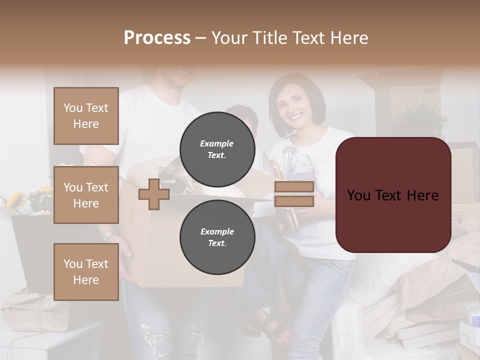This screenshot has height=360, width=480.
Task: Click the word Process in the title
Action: [157, 38]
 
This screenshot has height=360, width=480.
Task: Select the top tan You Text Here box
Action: [86, 116]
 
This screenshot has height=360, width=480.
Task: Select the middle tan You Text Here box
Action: [86, 195]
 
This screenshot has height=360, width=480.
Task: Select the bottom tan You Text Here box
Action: [86, 271]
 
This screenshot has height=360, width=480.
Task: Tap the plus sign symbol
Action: [154, 194]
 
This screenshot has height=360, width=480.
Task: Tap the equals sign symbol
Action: [294, 194]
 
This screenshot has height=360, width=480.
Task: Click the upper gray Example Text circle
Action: [217, 149]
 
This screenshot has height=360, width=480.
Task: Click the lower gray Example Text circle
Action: [217, 237]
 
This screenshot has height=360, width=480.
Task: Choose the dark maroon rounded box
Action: [393, 195]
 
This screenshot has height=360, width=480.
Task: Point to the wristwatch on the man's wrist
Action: [108, 234]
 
